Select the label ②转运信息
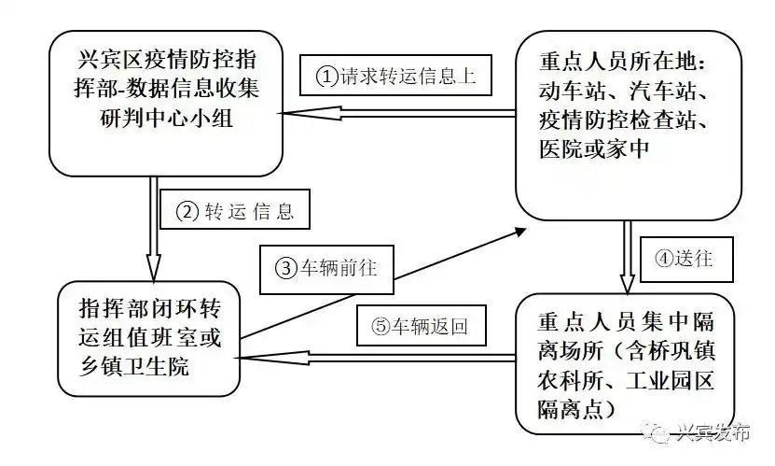tap(235, 212)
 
